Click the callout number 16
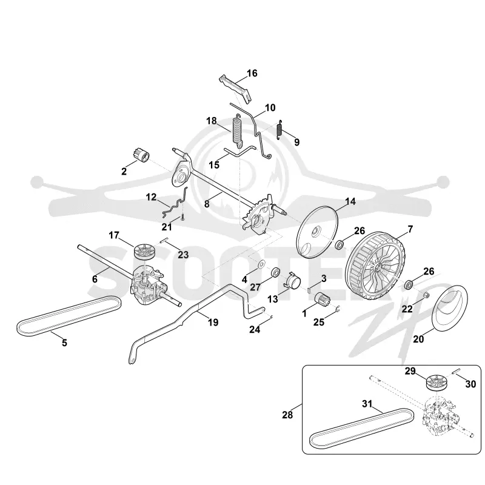click(252, 73)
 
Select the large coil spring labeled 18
click(237, 130)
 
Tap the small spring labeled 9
click(279, 129)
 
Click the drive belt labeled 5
click(69, 316)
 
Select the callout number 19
click(213, 323)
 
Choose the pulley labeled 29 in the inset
click(435, 383)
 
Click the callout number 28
click(287, 415)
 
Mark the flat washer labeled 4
click(262, 264)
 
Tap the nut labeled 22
click(426, 295)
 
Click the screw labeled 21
click(183, 217)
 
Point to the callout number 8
click(207, 204)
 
